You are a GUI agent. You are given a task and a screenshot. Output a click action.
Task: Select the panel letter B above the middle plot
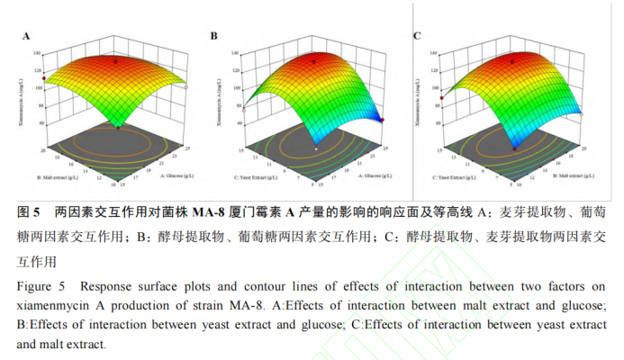click(x=214, y=36)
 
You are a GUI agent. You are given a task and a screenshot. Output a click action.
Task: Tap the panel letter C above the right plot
click(x=417, y=36)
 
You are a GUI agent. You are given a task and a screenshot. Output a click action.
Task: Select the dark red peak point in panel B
click(x=314, y=60)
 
